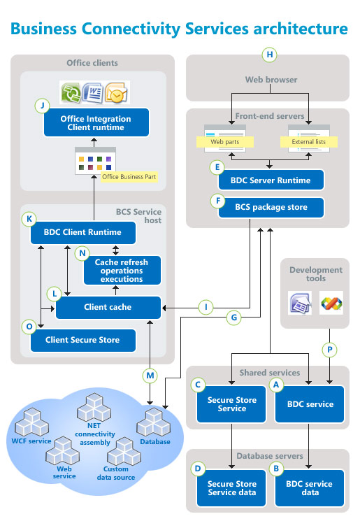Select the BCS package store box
pos(271,208)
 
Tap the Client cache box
pos(108,307)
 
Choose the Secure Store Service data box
pos(231,487)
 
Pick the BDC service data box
pos(310,487)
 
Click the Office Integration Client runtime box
pos(96,123)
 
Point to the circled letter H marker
pos(268,55)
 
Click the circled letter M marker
pos(150,376)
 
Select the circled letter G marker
pos(235,318)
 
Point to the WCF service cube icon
pos(34,421)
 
